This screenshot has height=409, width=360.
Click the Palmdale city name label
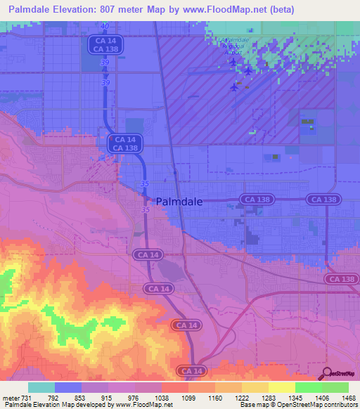click(x=179, y=201)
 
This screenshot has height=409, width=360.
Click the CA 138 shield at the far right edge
click(x=342, y=279)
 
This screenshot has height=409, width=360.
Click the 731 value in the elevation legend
click(x=27, y=398)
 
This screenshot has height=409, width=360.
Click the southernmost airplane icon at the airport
click(x=234, y=86)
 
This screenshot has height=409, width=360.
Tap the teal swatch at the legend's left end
click(x=41, y=387)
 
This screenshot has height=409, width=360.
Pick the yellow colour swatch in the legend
click(x=281, y=387)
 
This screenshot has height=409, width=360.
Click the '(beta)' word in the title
click(x=277, y=9)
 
